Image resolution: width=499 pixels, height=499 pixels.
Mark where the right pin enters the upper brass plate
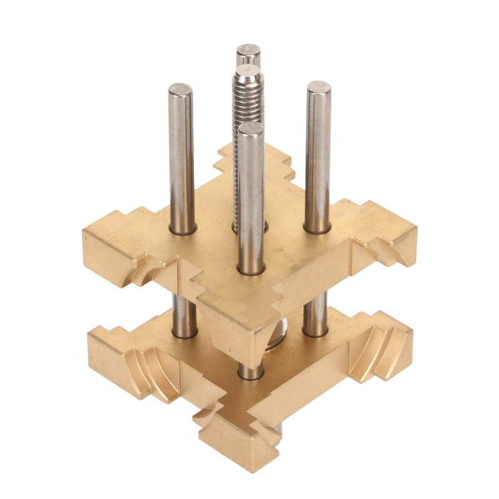[317, 228]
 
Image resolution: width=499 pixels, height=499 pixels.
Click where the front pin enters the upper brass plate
[251, 268]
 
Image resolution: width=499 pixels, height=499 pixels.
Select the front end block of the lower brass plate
[237, 446]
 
